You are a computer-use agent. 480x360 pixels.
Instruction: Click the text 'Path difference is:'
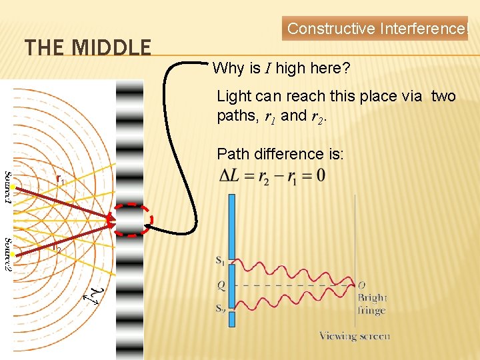(280, 154)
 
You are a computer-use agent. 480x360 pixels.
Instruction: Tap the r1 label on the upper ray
(60, 180)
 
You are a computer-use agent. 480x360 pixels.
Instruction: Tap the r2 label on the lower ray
(57, 249)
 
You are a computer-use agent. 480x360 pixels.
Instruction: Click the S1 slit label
(220, 261)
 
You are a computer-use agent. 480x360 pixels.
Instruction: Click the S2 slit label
(220, 308)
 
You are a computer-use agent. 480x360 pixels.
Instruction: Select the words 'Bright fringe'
(371, 304)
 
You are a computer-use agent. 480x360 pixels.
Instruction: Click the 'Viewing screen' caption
(354, 336)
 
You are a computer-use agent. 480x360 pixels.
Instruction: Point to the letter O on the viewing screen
(361, 285)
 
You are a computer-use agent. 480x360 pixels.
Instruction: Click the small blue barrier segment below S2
(231, 319)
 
